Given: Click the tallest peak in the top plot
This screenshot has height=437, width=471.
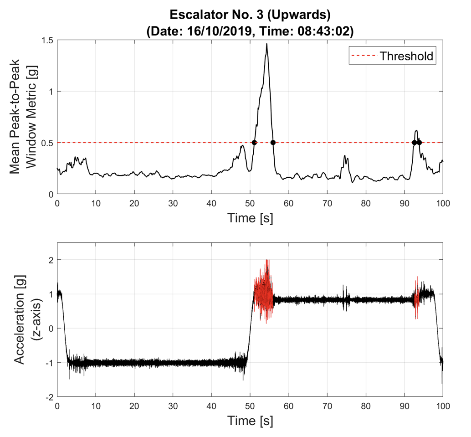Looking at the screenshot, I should [x=266, y=45].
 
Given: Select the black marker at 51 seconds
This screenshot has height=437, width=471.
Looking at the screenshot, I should [x=254, y=143].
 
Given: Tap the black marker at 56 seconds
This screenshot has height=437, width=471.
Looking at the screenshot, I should [x=273, y=143].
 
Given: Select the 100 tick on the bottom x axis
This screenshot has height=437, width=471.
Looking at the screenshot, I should [x=442, y=405].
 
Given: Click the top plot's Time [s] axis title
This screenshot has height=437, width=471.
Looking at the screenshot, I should [x=250, y=218].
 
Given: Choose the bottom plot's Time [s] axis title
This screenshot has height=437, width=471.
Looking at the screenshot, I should [x=250, y=421].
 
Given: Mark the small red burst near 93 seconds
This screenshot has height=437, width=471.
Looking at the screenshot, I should [x=416, y=298].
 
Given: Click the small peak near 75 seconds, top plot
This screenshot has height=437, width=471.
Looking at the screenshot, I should [x=345, y=156].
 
